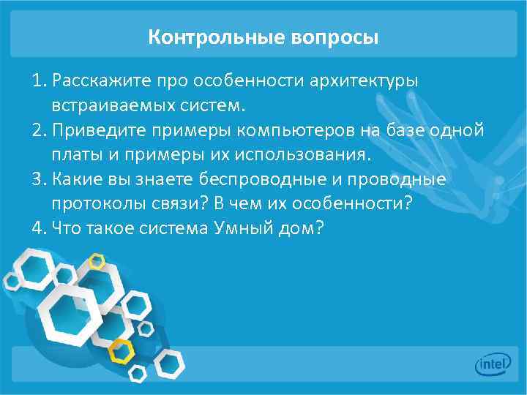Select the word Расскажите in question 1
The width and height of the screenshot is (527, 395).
97,80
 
